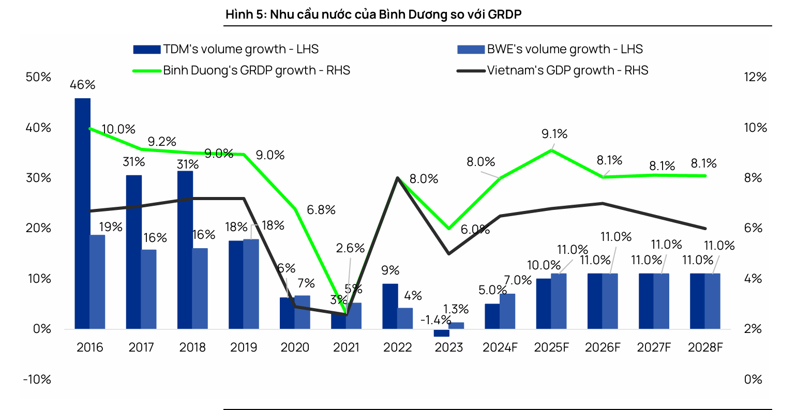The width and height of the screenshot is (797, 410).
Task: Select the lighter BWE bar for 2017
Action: pos(148,289)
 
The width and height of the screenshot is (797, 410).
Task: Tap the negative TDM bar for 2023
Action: pos(441,333)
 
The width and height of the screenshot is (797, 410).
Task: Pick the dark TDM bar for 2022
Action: pos(390,306)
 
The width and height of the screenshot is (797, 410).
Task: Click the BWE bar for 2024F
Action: pos(507,311)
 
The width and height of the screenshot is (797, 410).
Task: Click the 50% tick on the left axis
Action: pos(39,77)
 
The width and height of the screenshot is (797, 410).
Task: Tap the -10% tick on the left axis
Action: pos(37,379)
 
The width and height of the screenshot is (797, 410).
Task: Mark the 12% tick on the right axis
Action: pos(755,77)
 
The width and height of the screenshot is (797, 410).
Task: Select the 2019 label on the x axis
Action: pos(244,347)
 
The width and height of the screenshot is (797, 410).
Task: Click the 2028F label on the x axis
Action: pos(705,347)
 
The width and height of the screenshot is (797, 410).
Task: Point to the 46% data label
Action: pos(83,84)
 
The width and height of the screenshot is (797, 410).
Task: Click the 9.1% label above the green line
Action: pos(554,134)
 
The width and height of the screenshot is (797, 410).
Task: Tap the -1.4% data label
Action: pos(435,320)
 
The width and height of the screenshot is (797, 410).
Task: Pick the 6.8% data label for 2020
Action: pos(321,210)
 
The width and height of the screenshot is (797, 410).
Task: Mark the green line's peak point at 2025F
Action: pos(552,150)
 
